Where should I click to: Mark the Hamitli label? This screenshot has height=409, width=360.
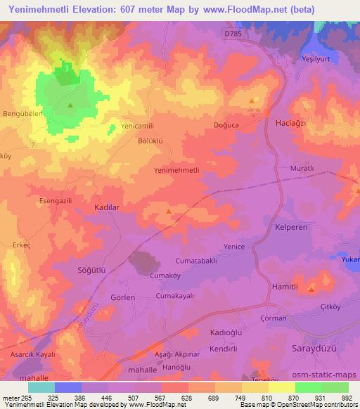click(285, 287)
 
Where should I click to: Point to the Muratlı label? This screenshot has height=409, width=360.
click(302, 169)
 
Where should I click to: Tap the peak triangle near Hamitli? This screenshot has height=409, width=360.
click(311, 288)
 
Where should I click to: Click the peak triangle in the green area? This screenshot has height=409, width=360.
click(70, 105)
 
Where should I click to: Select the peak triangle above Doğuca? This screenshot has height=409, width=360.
click(252, 102)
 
